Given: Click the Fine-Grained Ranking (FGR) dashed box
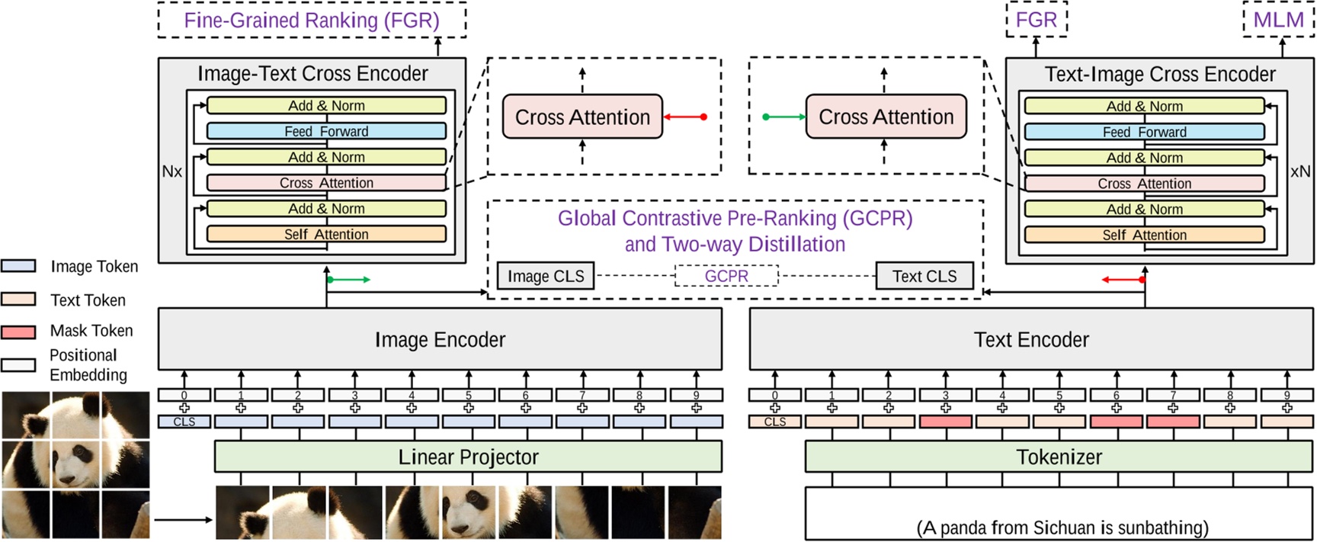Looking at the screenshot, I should (312, 21).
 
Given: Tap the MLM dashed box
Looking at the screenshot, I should (1278, 20).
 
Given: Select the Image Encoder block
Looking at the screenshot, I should (440, 339).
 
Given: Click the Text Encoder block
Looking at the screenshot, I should (1031, 339).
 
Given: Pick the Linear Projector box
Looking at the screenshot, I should (468, 457).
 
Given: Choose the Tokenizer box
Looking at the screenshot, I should (1059, 457).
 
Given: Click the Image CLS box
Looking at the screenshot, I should (546, 276).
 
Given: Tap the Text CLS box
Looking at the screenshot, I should (924, 276).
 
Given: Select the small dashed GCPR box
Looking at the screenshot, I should (726, 276).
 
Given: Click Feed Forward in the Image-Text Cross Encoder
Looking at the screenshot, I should (326, 131).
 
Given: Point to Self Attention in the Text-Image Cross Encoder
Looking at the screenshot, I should (1144, 235).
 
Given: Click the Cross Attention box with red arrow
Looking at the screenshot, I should (582, 117).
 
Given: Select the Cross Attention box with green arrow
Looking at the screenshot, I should (886, 117).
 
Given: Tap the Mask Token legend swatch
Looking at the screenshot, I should (18, 332).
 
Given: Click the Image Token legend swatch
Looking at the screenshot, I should (18, 266).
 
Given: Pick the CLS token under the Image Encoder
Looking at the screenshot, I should (184, 422).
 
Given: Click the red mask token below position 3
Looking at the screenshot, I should (945, 422).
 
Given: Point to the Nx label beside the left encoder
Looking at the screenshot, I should (171, 172).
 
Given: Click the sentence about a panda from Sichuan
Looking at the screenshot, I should (1062, 528).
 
